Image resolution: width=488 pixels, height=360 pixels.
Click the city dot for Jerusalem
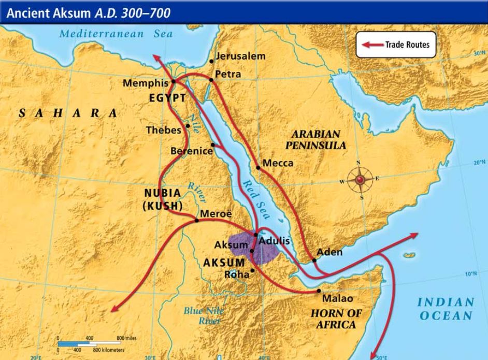[211, 61]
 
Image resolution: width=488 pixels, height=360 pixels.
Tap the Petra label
[228, 74]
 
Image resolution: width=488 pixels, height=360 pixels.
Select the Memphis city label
[146, 83]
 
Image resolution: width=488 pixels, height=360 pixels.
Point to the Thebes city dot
[187, 126]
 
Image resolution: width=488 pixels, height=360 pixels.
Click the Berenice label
[192, 151]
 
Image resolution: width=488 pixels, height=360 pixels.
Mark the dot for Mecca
[259, 167]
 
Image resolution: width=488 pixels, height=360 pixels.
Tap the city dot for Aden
[314, 260]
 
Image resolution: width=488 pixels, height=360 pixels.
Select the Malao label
[337, 298]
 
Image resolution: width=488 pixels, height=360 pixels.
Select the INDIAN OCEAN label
[446, 309]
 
